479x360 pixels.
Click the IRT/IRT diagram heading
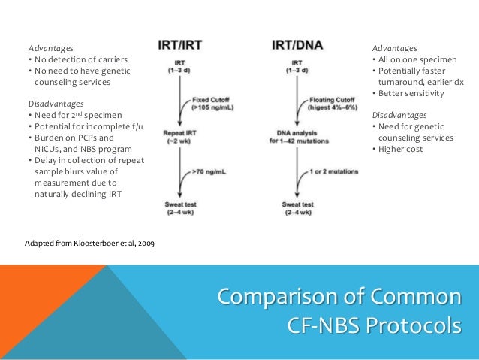pos(184,44)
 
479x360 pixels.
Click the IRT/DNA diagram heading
pos(297,44)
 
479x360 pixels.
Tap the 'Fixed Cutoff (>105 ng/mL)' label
pos(213,103)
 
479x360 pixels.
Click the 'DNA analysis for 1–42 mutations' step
pos(299,135)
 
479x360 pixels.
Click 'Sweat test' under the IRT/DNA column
pos(299,207)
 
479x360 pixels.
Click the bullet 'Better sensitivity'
pos(411,93)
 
